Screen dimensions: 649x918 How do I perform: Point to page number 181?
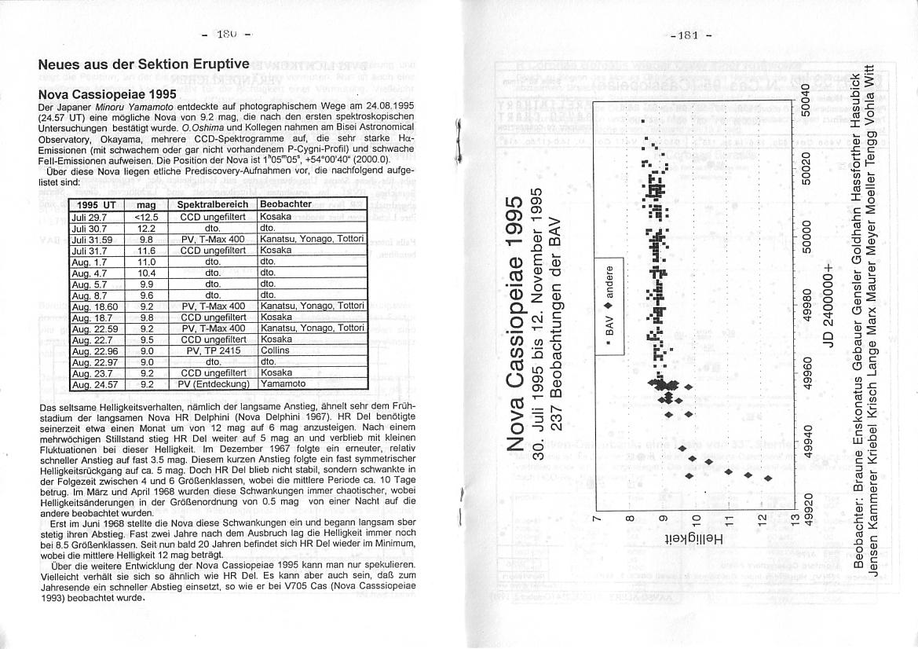click(691, 35)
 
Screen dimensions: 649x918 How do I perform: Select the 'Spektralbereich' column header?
click(213, 204)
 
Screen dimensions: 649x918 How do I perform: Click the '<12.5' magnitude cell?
click(146, 216)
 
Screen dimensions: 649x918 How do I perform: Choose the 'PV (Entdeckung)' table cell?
click(214, 384)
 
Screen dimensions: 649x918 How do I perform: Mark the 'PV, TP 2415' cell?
click(214, 350)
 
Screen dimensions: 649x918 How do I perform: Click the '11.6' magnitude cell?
click(146, 250)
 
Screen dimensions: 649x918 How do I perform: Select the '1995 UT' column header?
click(97, 204)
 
